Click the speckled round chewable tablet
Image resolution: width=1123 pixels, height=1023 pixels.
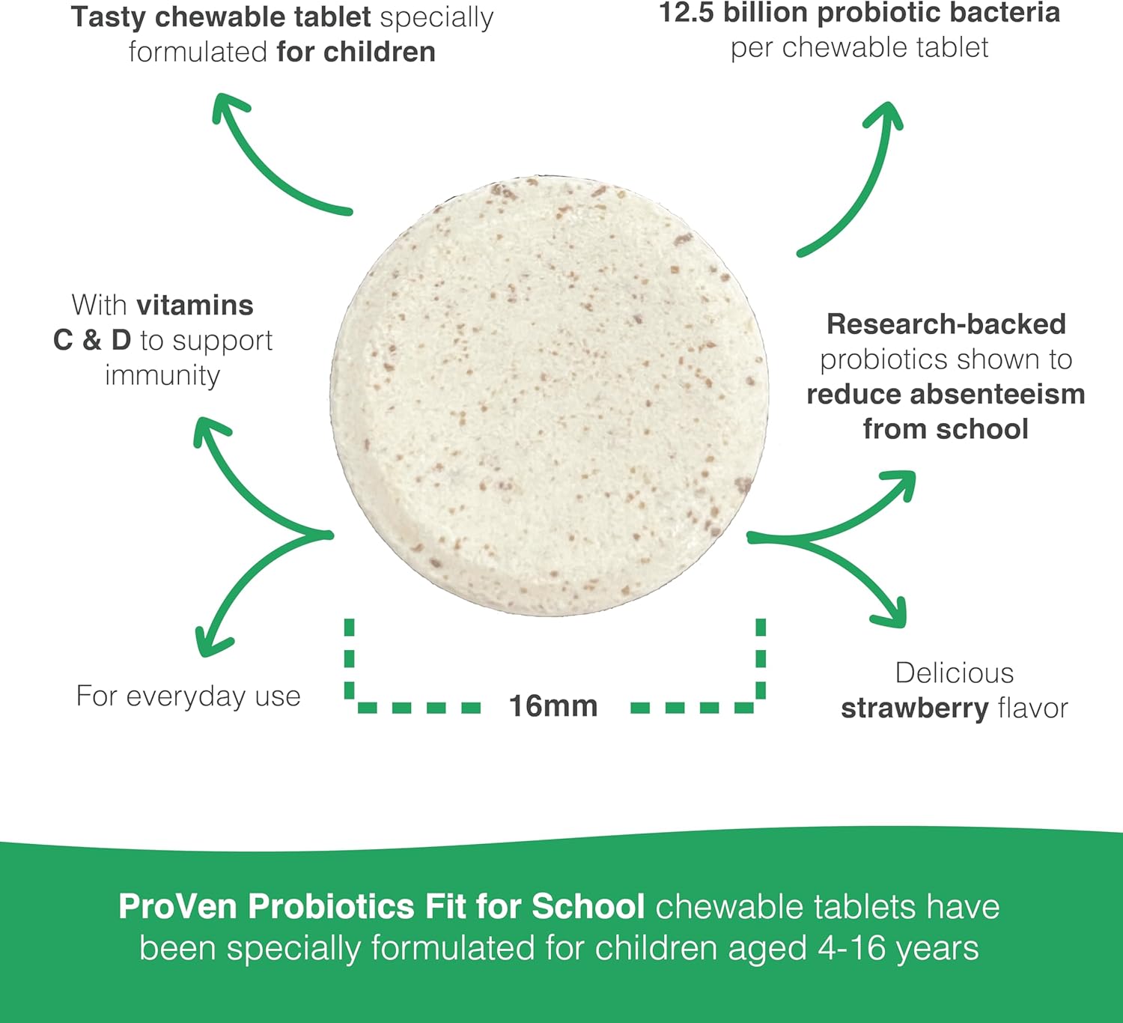549,397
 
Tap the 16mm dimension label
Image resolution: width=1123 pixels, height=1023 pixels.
553,706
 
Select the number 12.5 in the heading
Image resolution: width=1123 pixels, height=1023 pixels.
686,13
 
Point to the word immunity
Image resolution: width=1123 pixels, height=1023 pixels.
162,375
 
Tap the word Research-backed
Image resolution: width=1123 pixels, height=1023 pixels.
946,324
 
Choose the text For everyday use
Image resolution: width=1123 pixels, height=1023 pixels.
189,696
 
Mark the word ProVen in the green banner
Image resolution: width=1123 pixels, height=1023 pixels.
178,906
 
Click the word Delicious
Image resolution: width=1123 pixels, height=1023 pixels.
955,673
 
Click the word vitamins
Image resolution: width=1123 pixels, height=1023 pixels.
195,306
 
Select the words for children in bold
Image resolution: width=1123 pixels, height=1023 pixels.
356,52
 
